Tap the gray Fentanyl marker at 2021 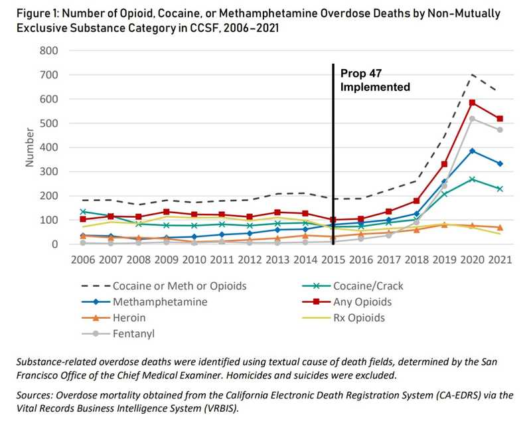tap(500, 129)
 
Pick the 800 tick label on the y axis tap(50, 50)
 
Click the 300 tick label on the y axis tap(50, 171)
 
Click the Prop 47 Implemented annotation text tap(375, 80)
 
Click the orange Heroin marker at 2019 tap(443, 225)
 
